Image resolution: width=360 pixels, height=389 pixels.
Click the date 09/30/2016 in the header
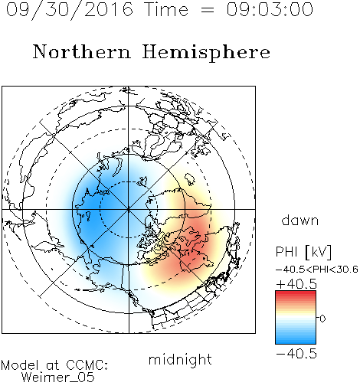click(69, 10)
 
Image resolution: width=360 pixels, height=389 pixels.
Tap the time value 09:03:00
click(270, 9)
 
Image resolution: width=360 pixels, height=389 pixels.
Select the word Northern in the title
click(82, 52)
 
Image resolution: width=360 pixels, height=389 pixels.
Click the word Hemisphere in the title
click(206, 53)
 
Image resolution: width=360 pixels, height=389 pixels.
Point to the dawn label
click(300, 221)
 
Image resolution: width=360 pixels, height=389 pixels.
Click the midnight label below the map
click(180, 360)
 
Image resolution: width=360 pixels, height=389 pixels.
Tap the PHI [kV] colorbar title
click(303, 252)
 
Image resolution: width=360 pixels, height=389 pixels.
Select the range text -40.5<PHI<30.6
click(317, 270)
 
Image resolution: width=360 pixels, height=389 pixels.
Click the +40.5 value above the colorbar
click(296, 284)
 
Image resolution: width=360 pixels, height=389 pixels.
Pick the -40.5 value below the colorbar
click(296, 354)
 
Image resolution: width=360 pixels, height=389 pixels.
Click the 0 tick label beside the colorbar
click(322, 319)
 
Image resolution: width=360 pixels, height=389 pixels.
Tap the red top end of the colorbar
click(296, 293)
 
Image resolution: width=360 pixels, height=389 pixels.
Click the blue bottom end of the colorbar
click(296, 342)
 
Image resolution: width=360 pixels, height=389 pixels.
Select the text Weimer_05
click(58, 378)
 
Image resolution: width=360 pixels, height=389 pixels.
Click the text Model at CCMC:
click(54, 365)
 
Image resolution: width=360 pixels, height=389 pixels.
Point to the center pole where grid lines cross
click(129, 209)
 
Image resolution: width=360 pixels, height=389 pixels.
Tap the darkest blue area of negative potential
click(90, 207)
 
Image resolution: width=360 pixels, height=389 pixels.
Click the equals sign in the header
click(207, 10)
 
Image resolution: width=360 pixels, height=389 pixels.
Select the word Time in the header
click(166, 9)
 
